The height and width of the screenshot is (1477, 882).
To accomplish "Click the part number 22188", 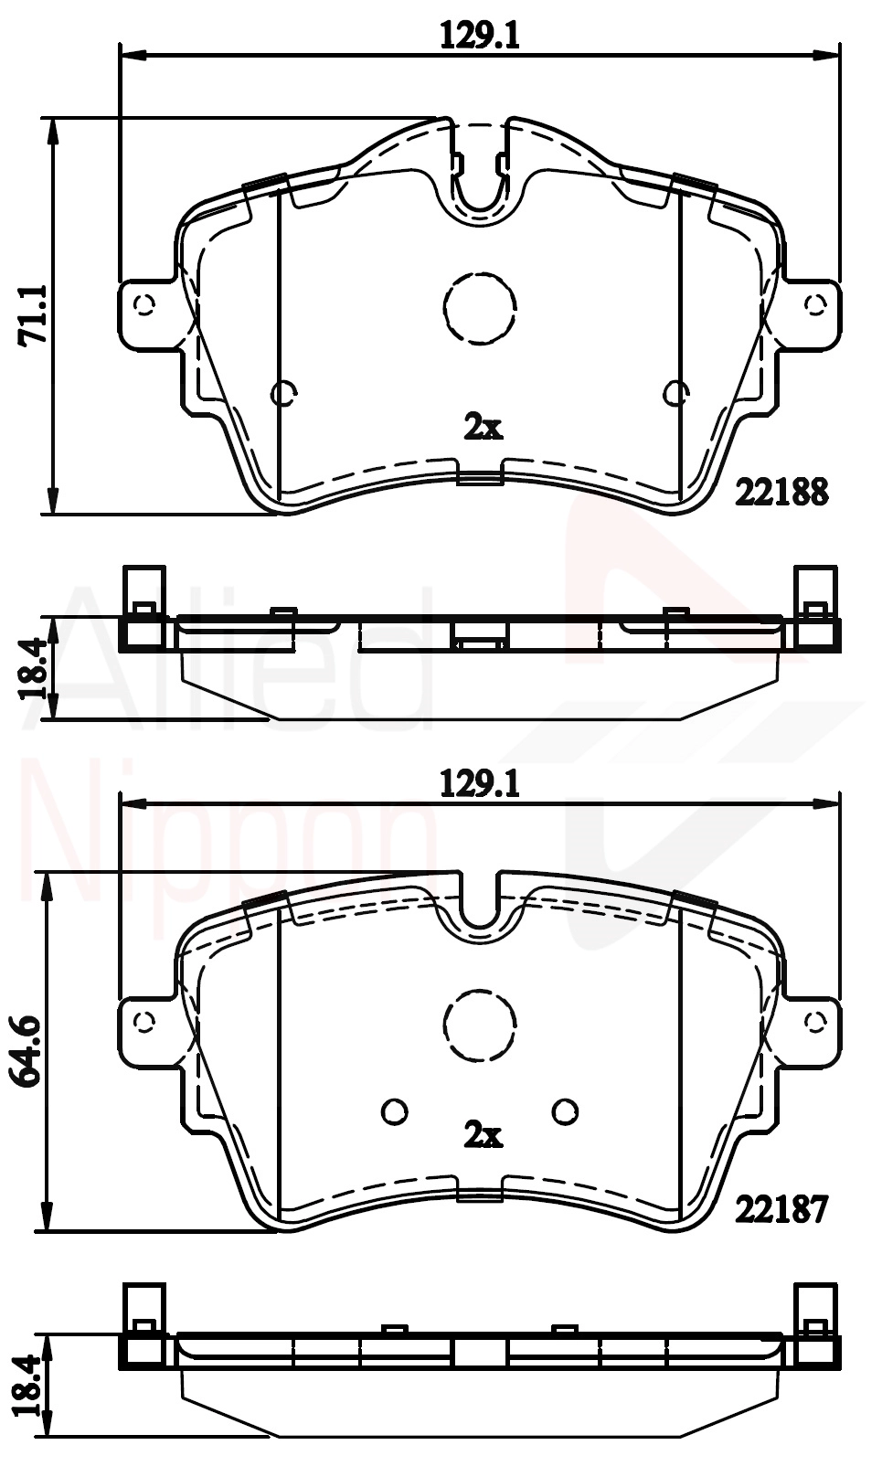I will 782,493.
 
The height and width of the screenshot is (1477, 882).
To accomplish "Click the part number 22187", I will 782,1209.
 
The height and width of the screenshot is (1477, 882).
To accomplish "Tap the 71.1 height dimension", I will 34,315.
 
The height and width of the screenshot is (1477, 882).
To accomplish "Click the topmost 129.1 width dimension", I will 480,36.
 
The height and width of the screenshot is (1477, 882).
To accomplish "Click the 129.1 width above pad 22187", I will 480,783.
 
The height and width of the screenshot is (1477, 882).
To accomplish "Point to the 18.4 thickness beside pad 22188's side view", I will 34,668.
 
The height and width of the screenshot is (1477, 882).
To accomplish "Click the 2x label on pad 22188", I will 483,426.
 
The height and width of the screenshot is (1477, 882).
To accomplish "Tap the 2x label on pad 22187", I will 483,1134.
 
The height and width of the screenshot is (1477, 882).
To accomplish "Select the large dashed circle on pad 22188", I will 481,308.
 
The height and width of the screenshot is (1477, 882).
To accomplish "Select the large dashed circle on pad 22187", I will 481,1025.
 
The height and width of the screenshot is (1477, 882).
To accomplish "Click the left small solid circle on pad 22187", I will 394,1110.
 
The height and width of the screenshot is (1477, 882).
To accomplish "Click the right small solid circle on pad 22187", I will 566,1110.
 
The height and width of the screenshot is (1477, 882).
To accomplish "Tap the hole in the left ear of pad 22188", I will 144,304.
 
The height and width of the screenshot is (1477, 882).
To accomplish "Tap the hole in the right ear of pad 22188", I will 814,304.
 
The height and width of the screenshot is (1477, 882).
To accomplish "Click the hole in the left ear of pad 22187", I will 144,1021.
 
